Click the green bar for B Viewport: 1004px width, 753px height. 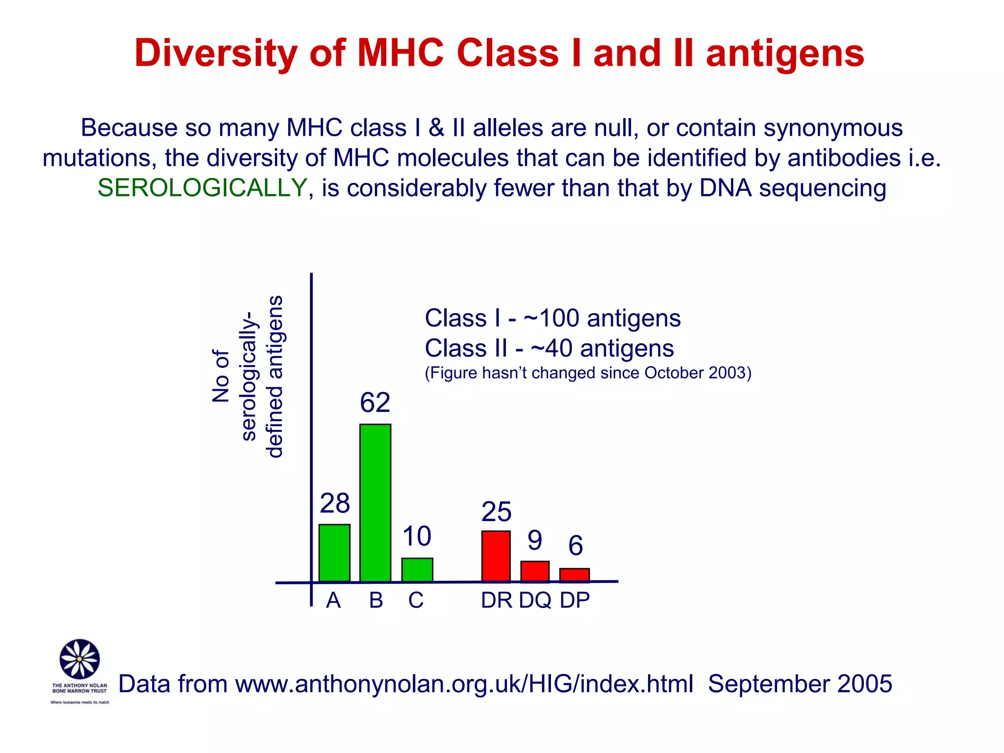point(375,502)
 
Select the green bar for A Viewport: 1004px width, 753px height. point(334,552)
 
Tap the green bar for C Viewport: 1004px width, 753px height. point(417,570)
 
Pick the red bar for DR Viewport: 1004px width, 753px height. point(496,556)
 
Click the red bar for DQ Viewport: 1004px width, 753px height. point(535,571)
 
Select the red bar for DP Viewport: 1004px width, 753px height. point(575,575)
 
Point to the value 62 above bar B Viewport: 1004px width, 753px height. point(375,403)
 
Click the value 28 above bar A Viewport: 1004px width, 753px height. point(335,503)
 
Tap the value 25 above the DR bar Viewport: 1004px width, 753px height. point(496,512)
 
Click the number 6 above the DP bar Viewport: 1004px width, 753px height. point(576,546)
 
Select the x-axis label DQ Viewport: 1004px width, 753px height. point(535,601)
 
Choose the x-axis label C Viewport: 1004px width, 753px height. point(416,601)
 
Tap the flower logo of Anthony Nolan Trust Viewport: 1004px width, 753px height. point(79,659)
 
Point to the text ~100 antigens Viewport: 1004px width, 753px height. point(602,319)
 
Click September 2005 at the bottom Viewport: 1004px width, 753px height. point(800,684)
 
